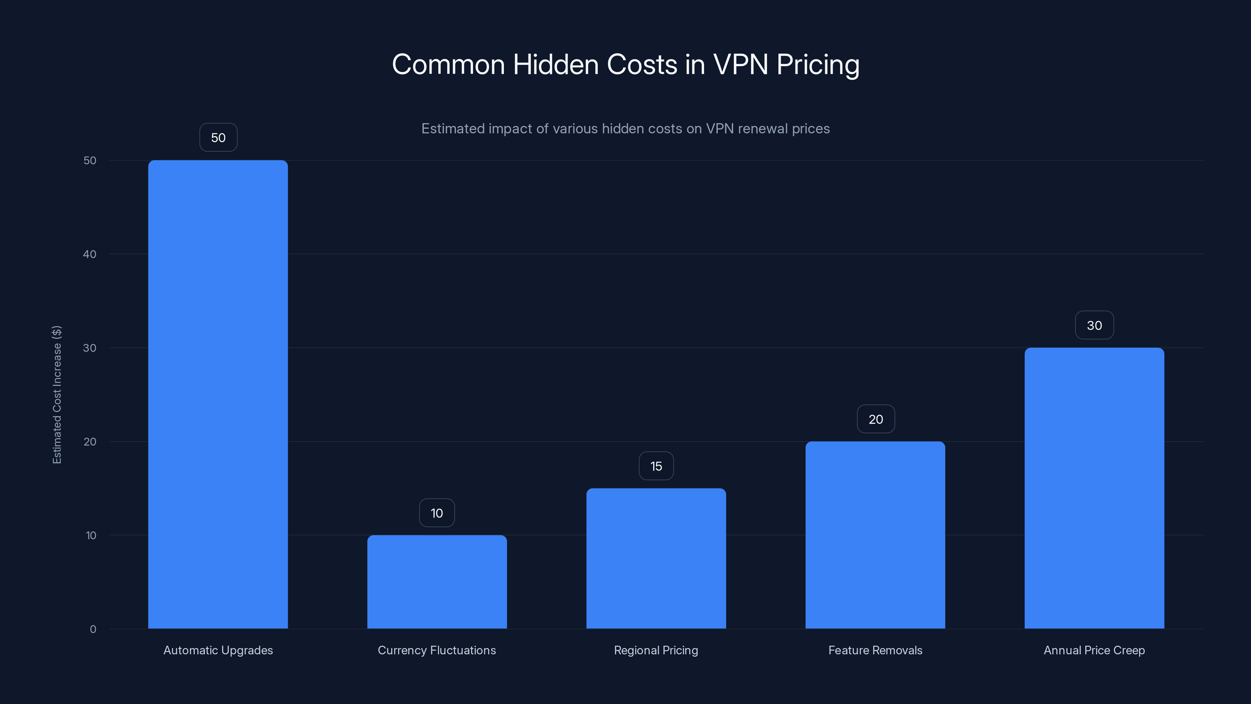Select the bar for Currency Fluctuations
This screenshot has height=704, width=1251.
pyautogui.click(x=437, y=582)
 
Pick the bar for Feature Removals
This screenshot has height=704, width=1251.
pyautogui.click(x=875, y=535)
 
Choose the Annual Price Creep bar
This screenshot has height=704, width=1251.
pyautogui.click(x=1094, y=488)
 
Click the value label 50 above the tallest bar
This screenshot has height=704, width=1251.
pyautogui.click(x=218, y=138)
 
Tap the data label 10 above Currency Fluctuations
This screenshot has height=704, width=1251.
pyautogui.click(x=437, y=513)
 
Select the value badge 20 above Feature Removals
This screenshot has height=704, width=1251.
pyautogui.click(x=876, y=419)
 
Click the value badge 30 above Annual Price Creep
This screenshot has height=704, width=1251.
pyautogui.click(x=1094, y=325)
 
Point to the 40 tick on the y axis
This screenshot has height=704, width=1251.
pyautogui.click(x=90, y=254)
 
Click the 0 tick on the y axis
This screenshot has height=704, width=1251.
pyautogui.click(x=93, y=629)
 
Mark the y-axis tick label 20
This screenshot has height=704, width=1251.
pyautogui.click(x=90, y=442)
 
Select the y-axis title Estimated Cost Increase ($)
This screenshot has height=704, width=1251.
pyautogui.click(x=57, y=395)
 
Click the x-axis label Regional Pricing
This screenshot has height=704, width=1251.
pyautogui.click(x=656, y=650)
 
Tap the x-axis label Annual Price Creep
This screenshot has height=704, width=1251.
pyautogui.click(x=1094, y=650)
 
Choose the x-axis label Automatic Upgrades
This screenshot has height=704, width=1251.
pyautogui.click(x=218, y=650)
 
